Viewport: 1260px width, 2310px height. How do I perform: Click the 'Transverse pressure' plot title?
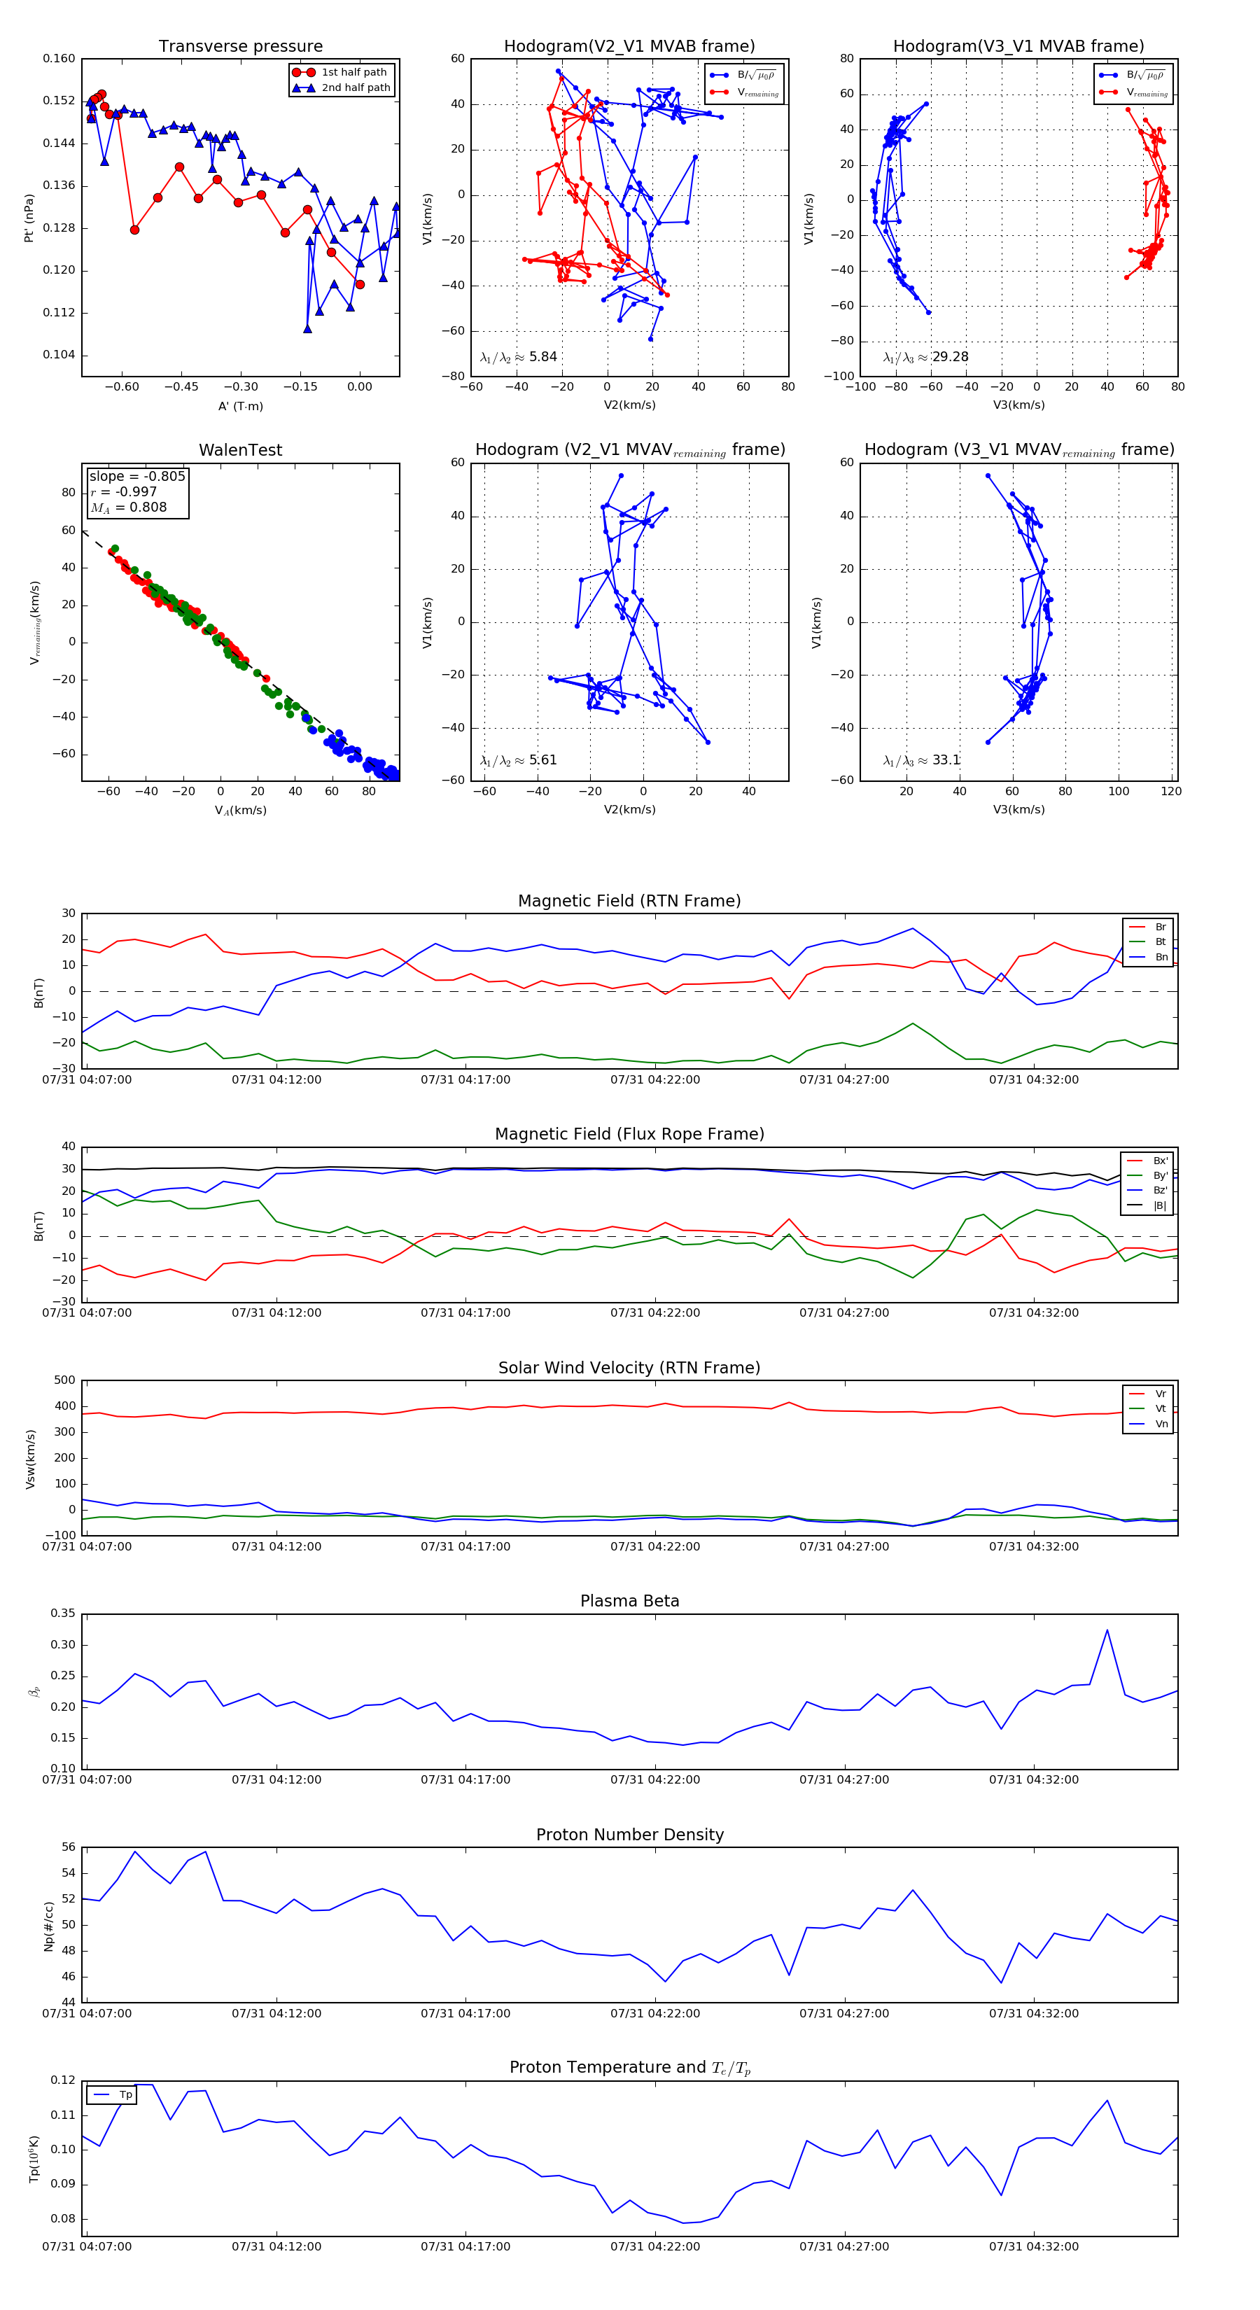pyautogui.click(x=240, y=47)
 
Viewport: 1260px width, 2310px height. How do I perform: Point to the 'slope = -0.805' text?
pyautogui.click(x=137, y=476)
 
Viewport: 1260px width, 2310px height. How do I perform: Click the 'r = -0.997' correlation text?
pyautogui.click(x=124, y=491)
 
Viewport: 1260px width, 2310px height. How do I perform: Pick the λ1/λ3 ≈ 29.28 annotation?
pyautogui.click(x=925, y=357)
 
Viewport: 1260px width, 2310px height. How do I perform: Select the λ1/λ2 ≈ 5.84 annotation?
pyautogui.click(x=518, y=357)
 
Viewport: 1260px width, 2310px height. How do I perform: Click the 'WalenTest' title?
pyautogui.click(x=240, y=450)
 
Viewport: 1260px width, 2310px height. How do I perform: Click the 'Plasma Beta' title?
pyautogui.click(x=629, y=1601)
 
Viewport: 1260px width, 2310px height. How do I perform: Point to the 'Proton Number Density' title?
pyautogui.click(x=629, y=1835)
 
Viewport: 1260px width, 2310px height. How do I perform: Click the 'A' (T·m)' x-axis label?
pyautogui.click(x=240, y=406)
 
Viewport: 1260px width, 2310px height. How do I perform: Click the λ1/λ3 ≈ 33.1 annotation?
pyautogui.click(x=922, y=760)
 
